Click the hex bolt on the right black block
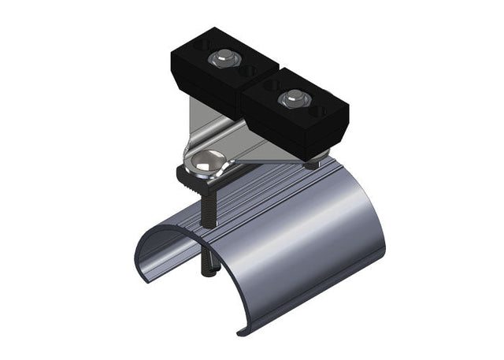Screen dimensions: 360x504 pyautogui.click(x=294, y=98)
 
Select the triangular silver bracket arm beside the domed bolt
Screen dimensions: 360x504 pyautogui.click(x=252, y=154)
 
